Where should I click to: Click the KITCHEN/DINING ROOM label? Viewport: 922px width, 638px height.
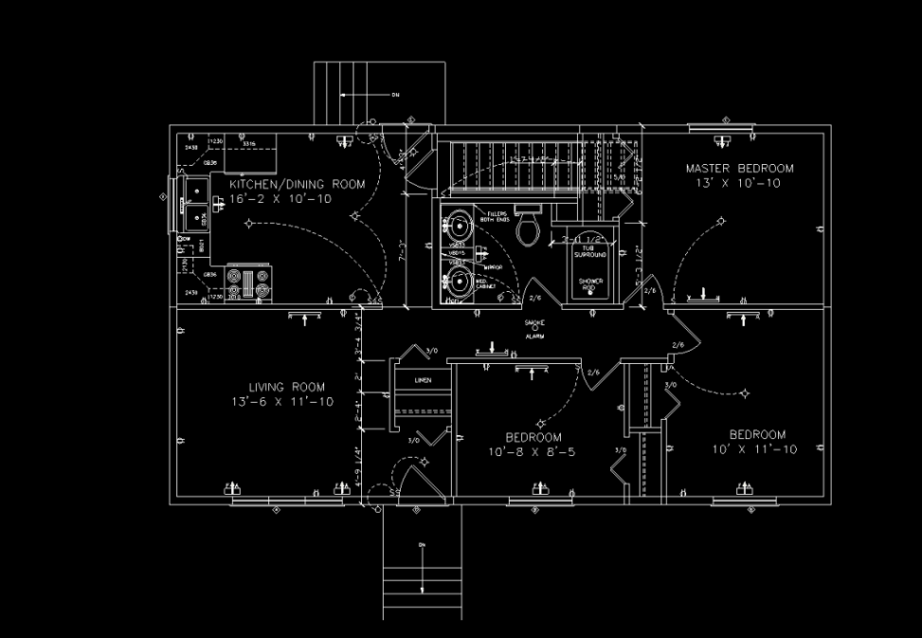coord(297,184)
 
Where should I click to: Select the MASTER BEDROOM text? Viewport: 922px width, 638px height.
coord(740,168)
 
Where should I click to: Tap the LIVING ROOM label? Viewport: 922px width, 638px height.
coord(287,387)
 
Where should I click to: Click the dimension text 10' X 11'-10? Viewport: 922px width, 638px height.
coord(754,449)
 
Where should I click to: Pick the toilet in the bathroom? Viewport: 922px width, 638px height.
coord(528,227)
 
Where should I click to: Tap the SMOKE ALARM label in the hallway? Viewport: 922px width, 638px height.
coord(534,329)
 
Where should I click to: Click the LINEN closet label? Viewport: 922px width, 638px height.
coord(423,380)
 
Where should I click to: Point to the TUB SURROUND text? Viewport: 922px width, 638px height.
coord(583,252)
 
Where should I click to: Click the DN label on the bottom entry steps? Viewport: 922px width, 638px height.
coord(421,545)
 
